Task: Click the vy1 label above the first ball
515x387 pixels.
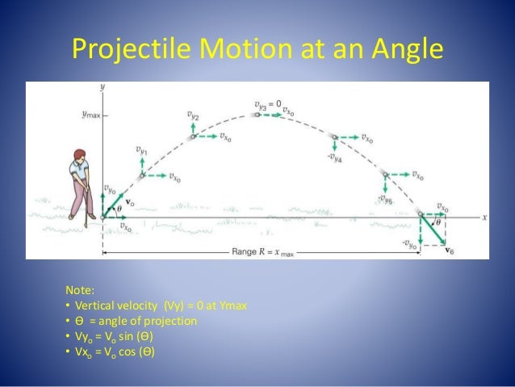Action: pos(141,149)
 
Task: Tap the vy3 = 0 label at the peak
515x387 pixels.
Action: pos(267,104)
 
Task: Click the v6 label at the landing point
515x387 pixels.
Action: pos(449,250)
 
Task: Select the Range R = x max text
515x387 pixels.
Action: pos(260,253)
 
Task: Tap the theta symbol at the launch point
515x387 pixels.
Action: pos(122,208)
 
